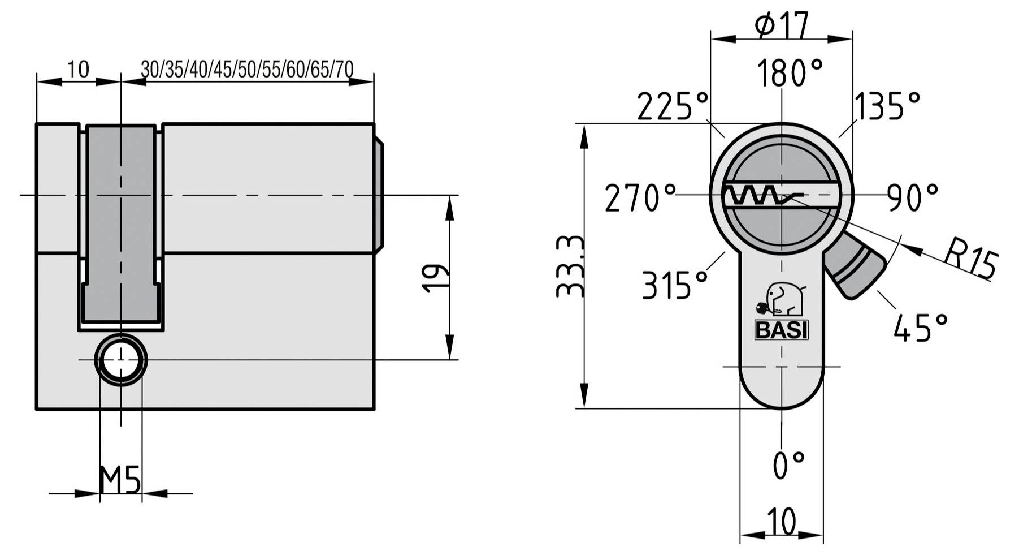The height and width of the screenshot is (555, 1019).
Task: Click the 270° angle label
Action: (x=640, y=198)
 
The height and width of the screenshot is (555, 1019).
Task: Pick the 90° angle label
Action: (x=912, y=197)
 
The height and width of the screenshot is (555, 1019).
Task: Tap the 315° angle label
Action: (x=675, y=285)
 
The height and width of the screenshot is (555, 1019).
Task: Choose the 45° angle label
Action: (x=920, y=328)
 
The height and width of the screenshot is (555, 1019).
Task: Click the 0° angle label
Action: (x=788, y=465)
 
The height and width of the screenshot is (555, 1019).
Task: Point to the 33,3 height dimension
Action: (x=570, y=266)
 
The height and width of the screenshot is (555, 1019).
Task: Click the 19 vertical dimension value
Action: (x=436, y=277)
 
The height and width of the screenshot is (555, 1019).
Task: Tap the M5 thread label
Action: (x=119, y=480)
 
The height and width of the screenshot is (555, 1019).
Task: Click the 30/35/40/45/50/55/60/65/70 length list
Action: (x=247, y=69)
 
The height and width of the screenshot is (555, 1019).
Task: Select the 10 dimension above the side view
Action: (x=78, y=69)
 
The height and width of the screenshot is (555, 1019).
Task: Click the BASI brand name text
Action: (x=782, y=330)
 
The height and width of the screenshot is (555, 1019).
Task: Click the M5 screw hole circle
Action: (x=120, y=360)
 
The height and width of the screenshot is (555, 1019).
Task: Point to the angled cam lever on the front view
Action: (x=853, y=266)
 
